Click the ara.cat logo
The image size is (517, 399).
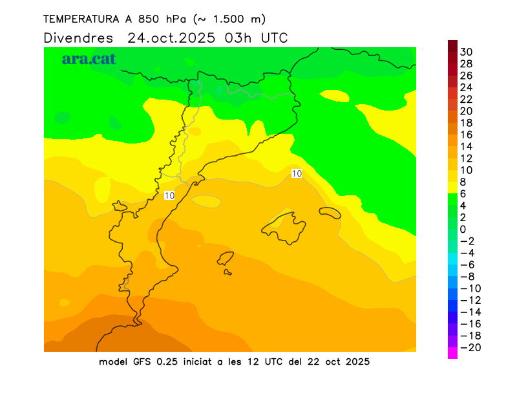coord(89,59)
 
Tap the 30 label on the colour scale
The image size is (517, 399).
coord(465,52)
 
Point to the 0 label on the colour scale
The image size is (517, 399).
coord(463,230)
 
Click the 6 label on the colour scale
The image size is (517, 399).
coord(463,194)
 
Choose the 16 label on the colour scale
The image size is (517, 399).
coord(466,135)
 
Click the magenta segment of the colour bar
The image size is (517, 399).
coord(452,353)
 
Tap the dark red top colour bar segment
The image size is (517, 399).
coord(452,45)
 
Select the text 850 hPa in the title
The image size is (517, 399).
coord(161,19)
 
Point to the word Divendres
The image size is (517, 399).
coord(78,38)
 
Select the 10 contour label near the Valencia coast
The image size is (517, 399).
coord(169,195)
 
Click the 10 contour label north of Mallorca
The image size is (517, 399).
coord(297,173)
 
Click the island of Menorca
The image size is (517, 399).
coord(330,213)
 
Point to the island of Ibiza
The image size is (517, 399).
coord(226,259)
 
